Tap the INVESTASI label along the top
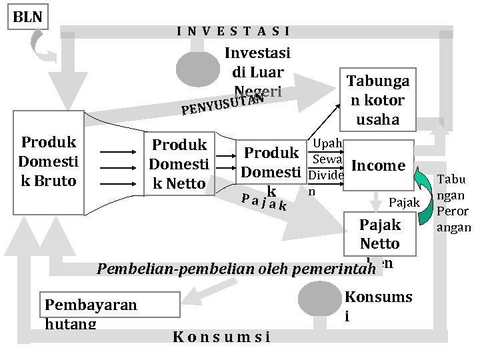(233, 31)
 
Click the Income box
(378, 165)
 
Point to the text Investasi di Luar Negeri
(255, 71)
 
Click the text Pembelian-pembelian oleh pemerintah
(233, 269)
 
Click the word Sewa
(327, 159)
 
